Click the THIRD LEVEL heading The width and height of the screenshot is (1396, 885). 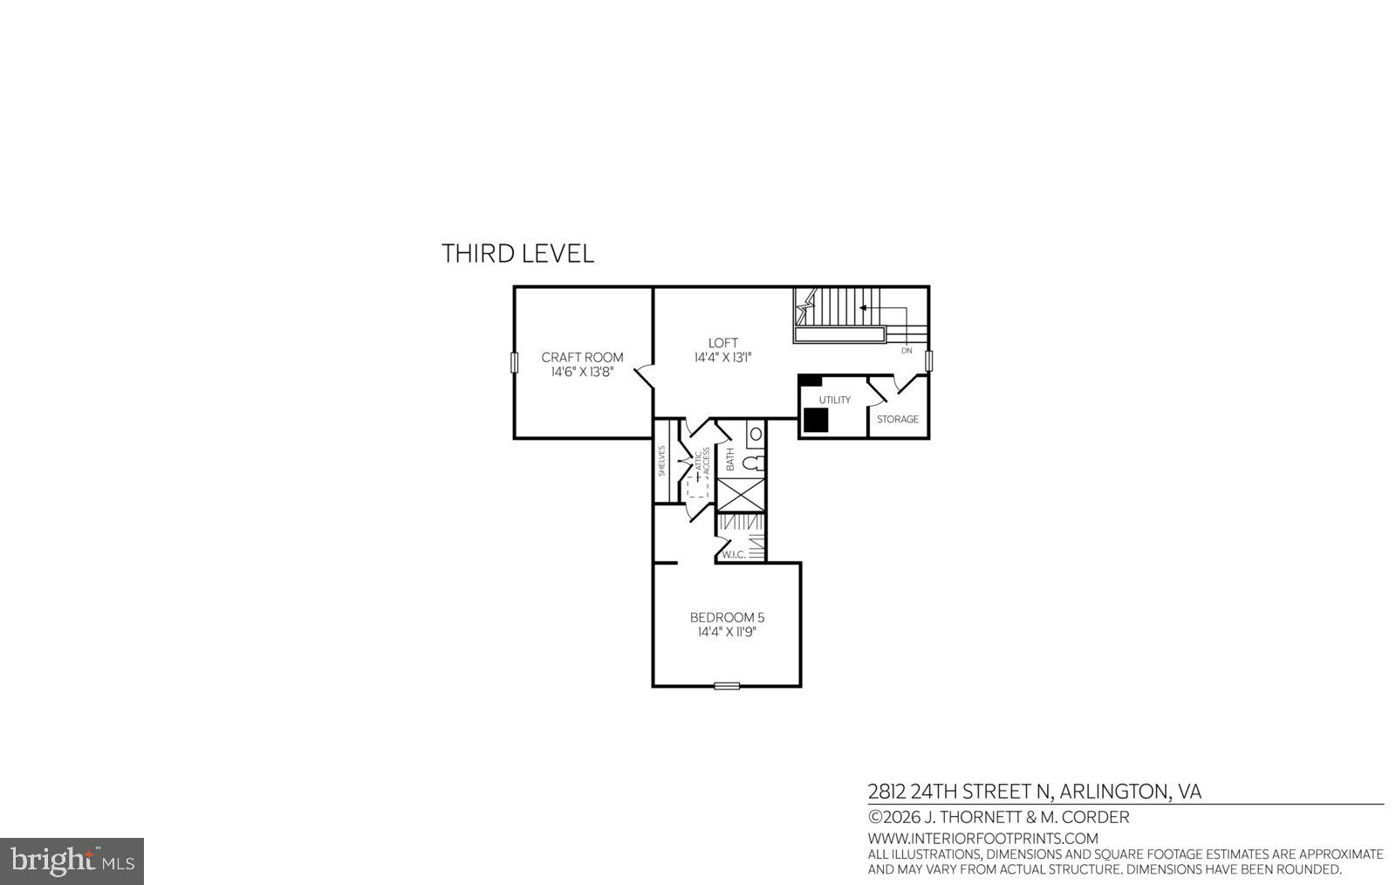click(x=517, y=253)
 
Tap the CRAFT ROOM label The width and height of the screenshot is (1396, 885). click(x=582, y=357)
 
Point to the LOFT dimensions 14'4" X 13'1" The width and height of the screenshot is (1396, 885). click(x=722, y=358)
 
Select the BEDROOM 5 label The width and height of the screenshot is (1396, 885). click(x=727, y=617)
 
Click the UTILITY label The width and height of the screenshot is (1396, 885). click(x=834, y=400)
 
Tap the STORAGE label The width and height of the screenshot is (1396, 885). click(x=897, y=419)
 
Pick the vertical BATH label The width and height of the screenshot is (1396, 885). click(x=730, y=459)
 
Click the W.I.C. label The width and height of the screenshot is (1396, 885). click(x=733, y=554)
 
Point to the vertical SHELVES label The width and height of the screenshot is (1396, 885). click(x=661, y=461)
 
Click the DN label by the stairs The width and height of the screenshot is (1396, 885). click(x=906, y=350)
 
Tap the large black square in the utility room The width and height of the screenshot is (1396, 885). click(x=815, y=420)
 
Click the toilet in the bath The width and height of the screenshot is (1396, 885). click(x=756, y=463)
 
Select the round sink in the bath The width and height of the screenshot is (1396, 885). click(x=756, y=434)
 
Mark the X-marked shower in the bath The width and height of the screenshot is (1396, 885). click(x=741, y=494)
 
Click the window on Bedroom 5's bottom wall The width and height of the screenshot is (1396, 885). click(x=727, y=686)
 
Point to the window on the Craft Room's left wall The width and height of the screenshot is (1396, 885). click(x=514, y=363)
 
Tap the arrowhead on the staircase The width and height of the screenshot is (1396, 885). click(x=863, y=307)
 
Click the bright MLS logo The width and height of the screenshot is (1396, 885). click(x=72, y=861)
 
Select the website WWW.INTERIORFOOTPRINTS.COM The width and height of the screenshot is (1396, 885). click(x=982, y=839)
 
